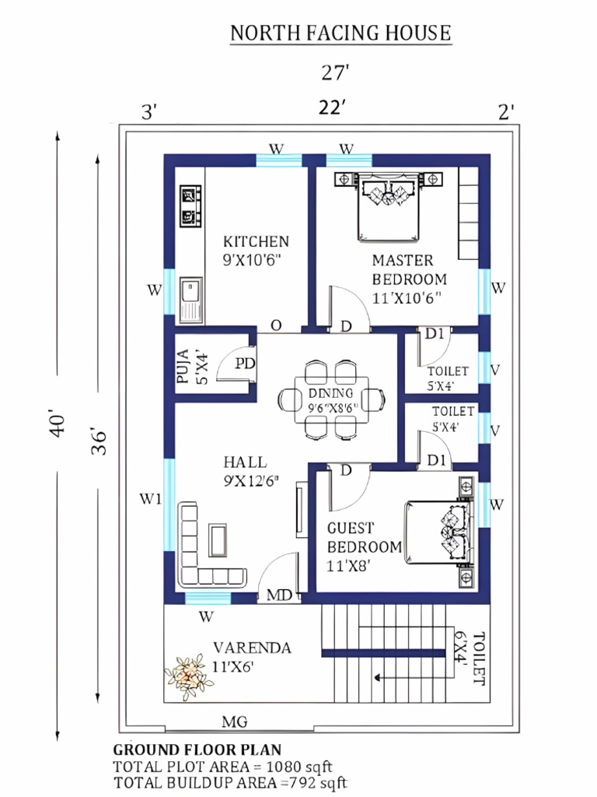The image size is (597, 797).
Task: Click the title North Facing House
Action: click(340, 33)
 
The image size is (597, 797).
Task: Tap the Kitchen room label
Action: click(256, 250)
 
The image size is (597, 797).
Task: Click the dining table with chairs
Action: click(331, 398)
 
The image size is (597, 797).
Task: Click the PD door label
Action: click(246, 363)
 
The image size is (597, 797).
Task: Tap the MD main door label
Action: click(279, 595)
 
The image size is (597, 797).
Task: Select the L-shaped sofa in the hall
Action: click(204, 545)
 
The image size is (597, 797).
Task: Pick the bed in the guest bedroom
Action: click(438, 532)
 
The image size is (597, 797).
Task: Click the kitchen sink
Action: click(190, 300)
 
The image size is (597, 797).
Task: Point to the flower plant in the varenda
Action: click(188, 675)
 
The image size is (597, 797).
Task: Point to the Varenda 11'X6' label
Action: click(252, 656)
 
